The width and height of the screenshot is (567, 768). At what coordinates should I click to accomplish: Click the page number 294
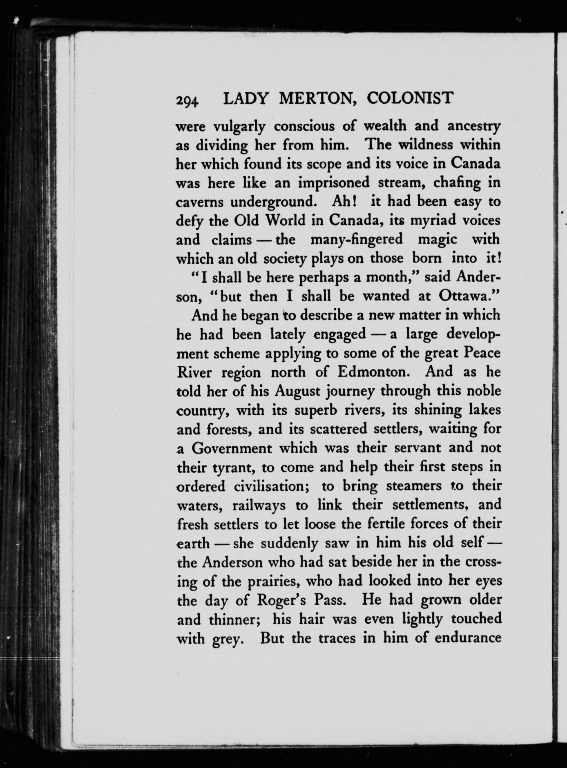(x=187, y=101)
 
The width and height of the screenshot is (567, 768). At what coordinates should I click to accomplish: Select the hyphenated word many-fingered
(x=356, y=240)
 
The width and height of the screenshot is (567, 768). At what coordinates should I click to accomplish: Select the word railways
(x=259, y=505)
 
